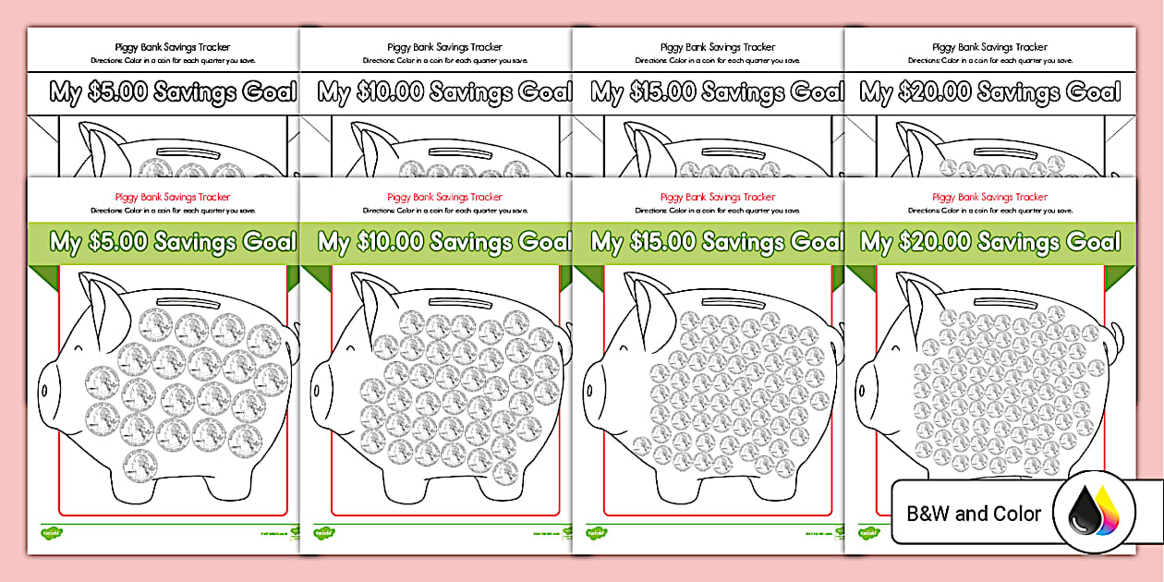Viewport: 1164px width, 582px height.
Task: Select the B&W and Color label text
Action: (x=974, y=514)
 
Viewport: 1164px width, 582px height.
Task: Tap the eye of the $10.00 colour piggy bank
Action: (x=358, y=349)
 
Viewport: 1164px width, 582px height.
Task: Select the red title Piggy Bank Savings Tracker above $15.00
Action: (x=710, y=197)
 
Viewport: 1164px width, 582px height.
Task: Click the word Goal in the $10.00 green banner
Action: (x=545, y=243)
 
